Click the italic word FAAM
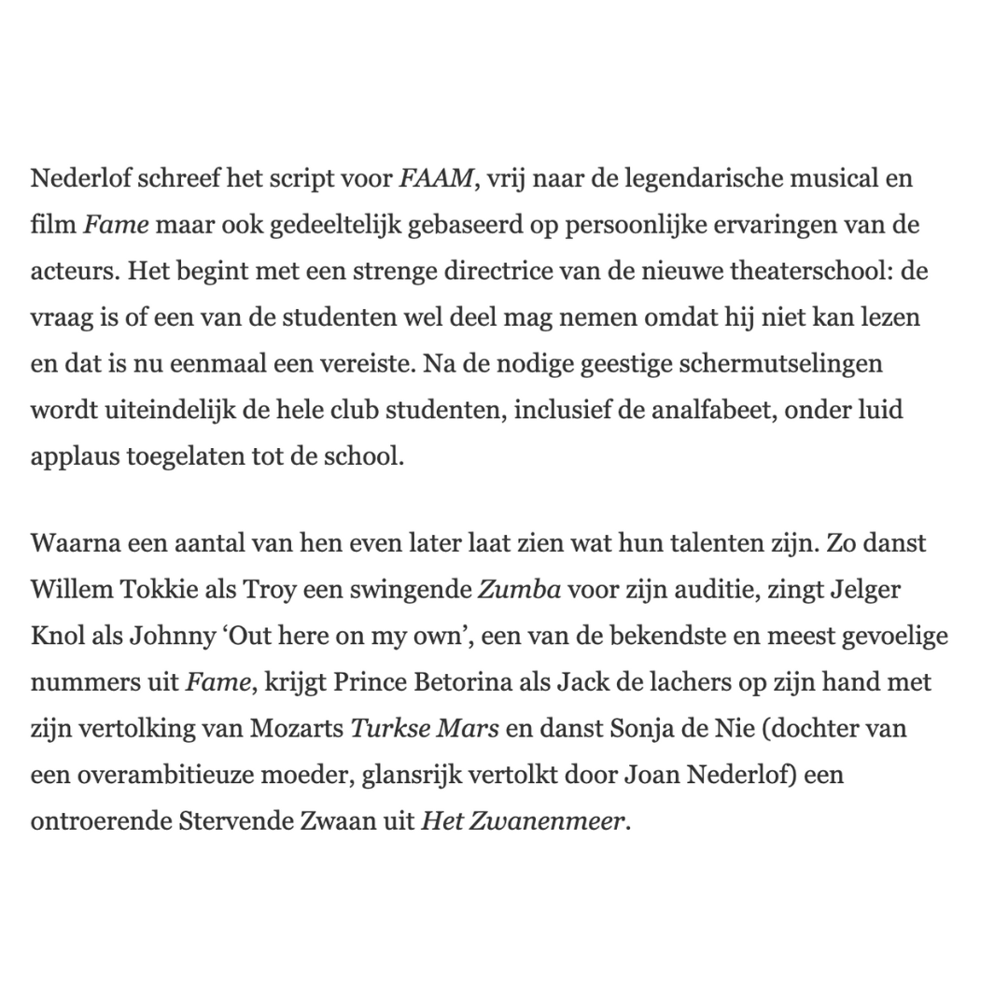click(436, 178)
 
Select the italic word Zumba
click(520, 589)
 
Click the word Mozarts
click(296, 729)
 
